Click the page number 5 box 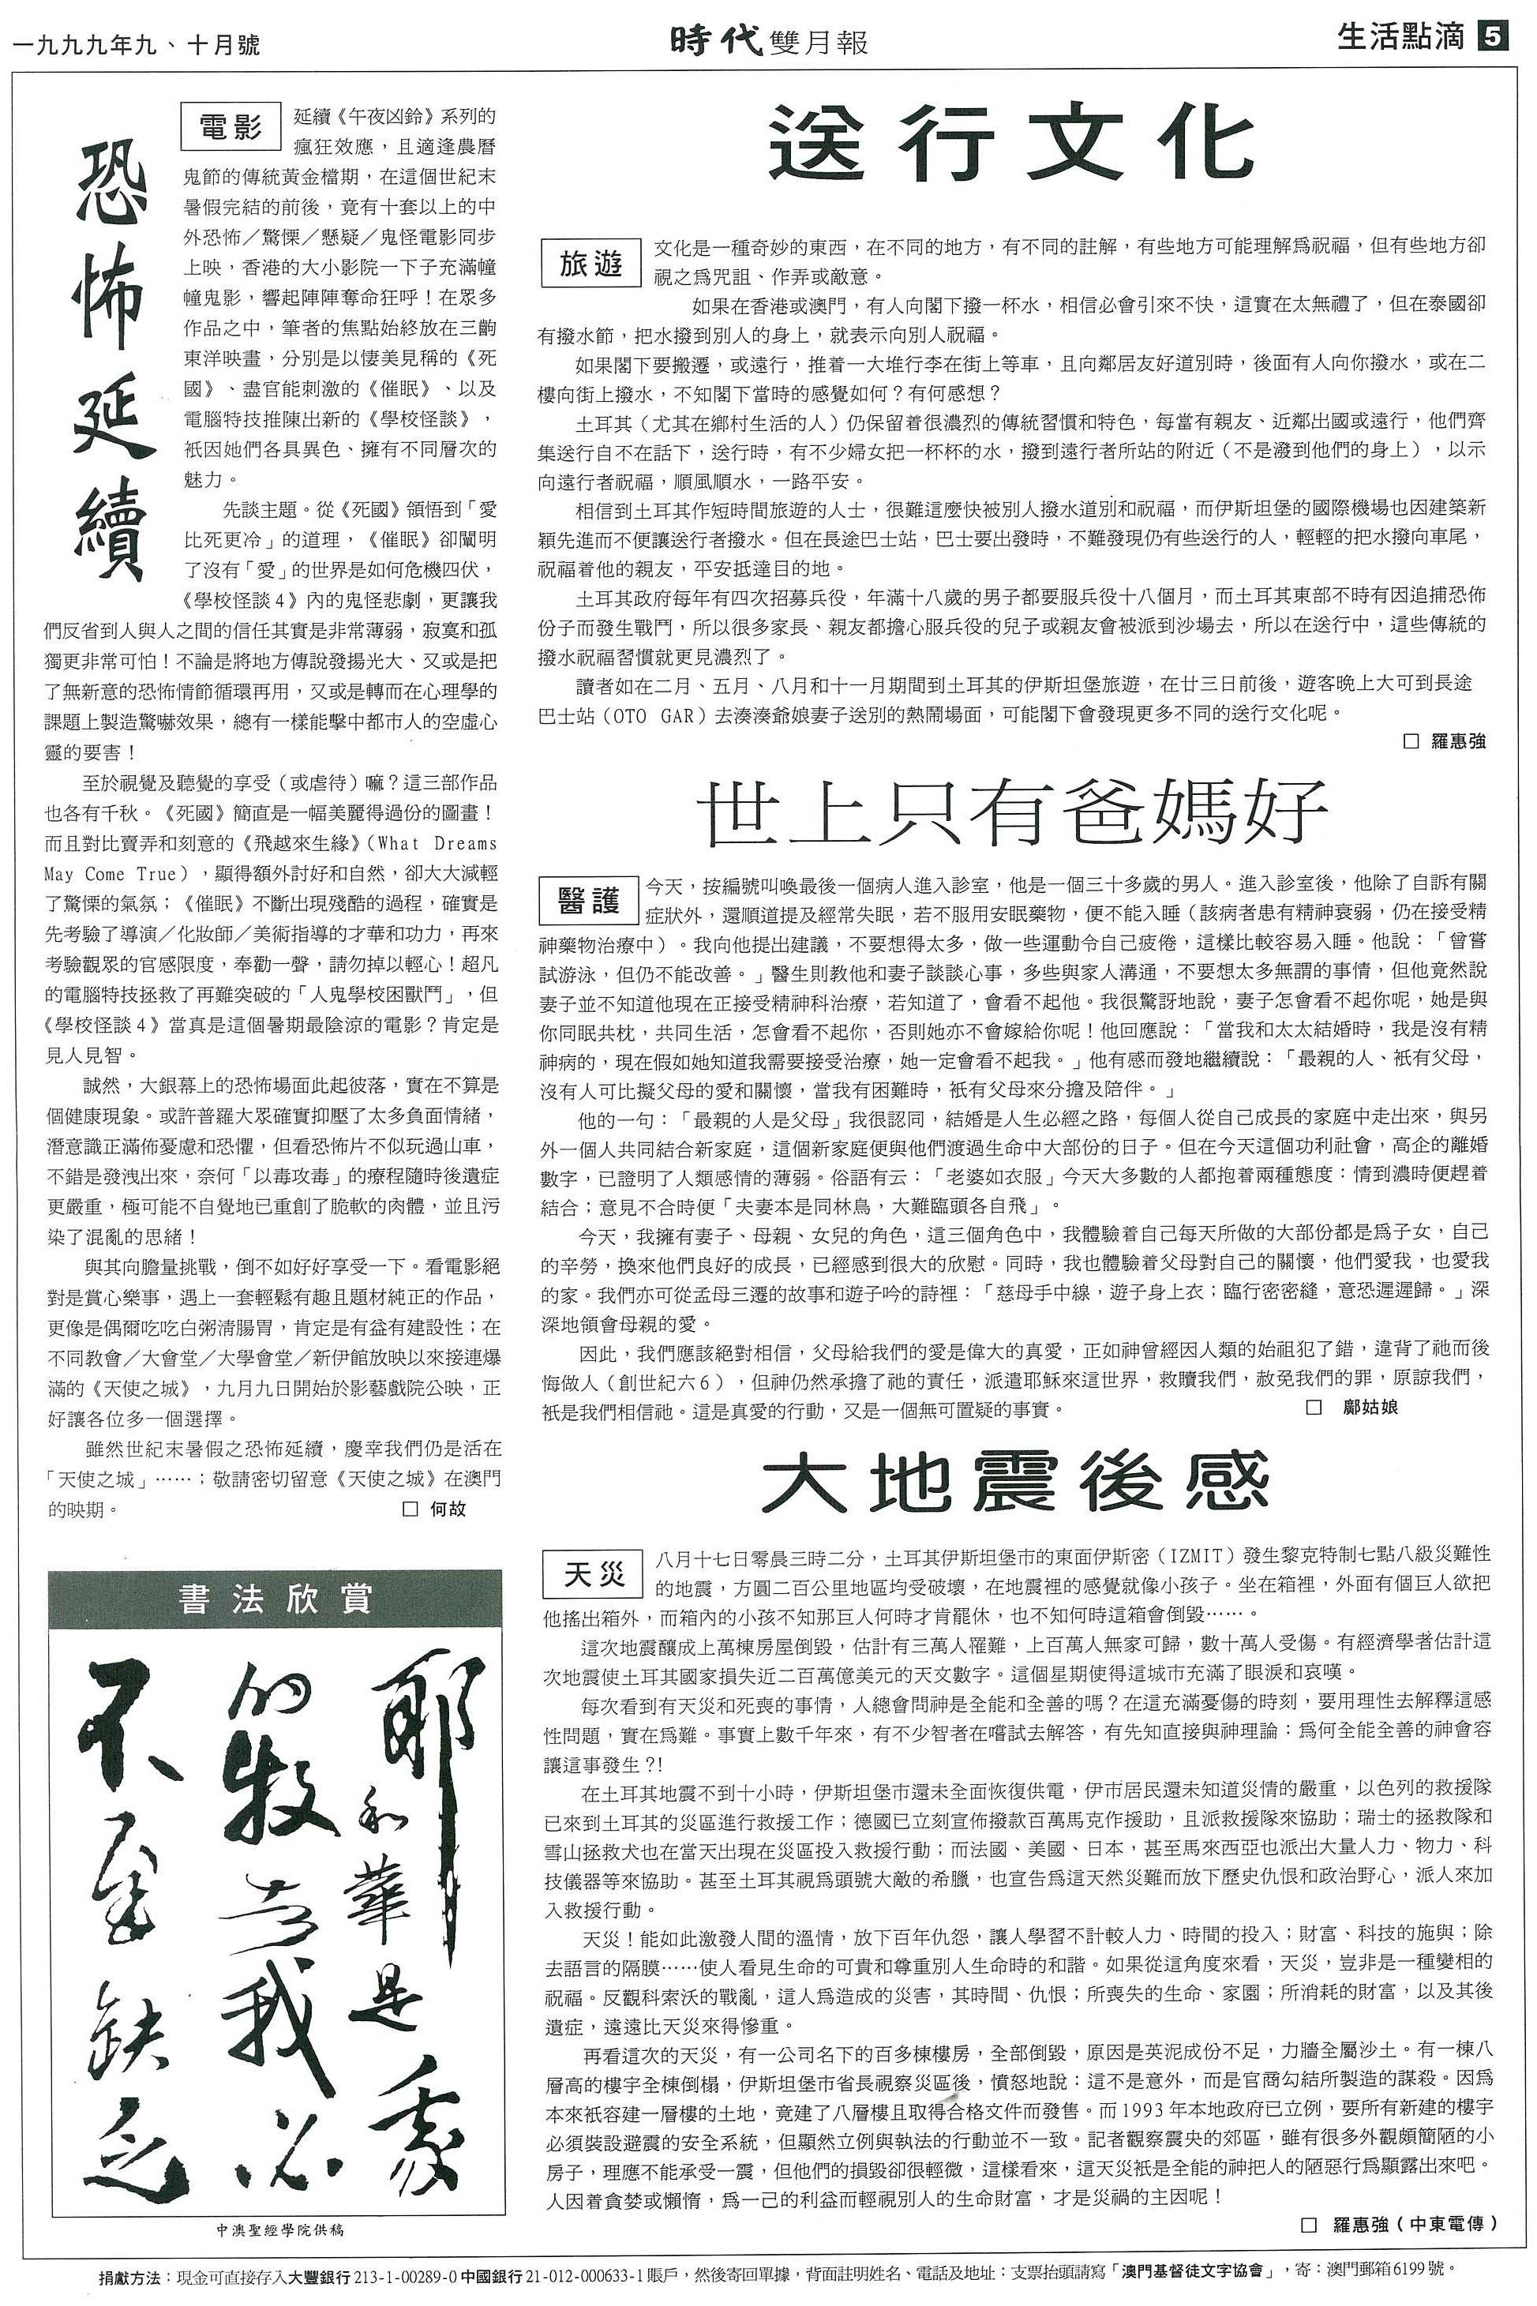(1491, 38)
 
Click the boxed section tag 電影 (231, 126)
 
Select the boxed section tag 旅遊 (591, 263)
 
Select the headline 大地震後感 (1014, 1483)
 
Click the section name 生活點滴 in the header (1400, 37)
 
